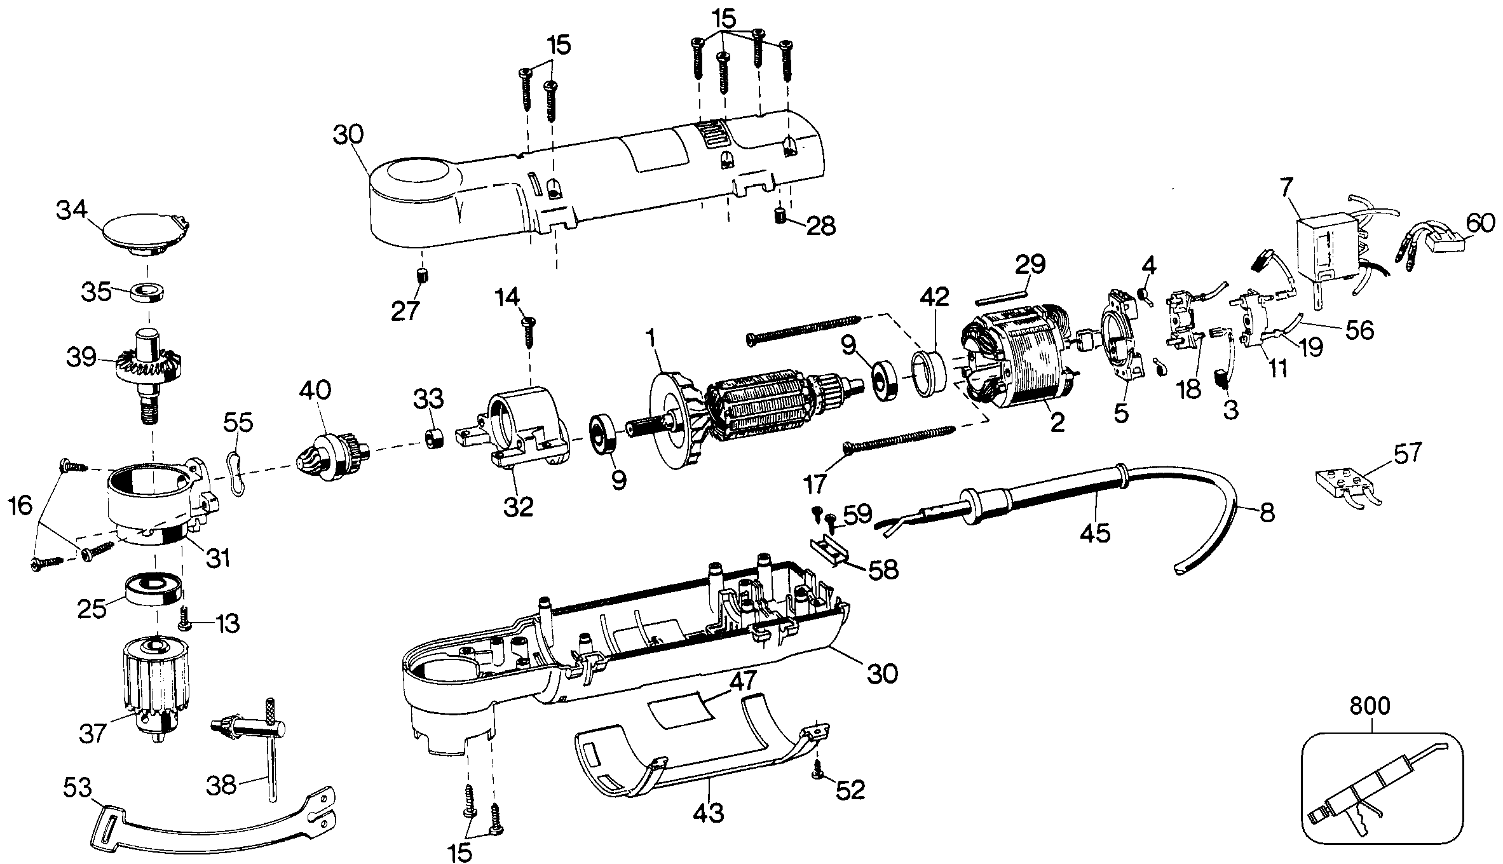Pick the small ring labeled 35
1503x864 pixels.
coord(147,293)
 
